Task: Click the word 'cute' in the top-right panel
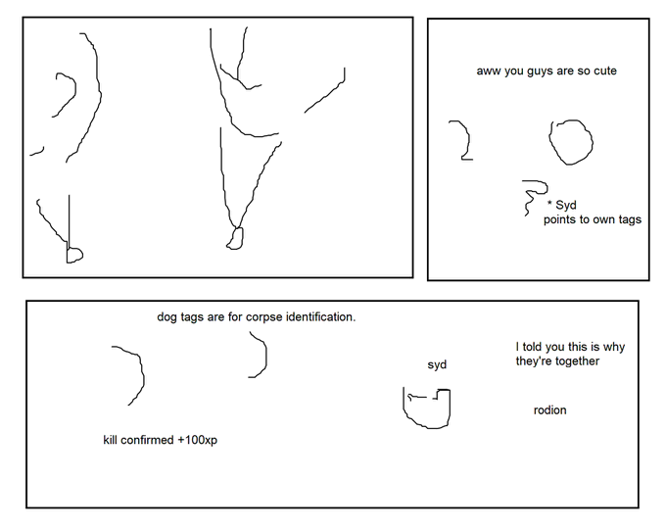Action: coord(605,71)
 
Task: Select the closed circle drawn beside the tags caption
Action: coord(571,142)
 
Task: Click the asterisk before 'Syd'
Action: coord(549,203)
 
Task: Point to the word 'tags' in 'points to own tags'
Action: coord(630,220)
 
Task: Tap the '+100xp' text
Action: coord(198,440)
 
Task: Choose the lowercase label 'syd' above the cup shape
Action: coord(437,364)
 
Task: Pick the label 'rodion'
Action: coord(550,410)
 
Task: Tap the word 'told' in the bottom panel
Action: coord(532,347)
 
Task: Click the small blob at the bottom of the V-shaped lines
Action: coord(235,238)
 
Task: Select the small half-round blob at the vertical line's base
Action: coord(74,256)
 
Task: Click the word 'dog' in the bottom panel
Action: coord(166,317)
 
